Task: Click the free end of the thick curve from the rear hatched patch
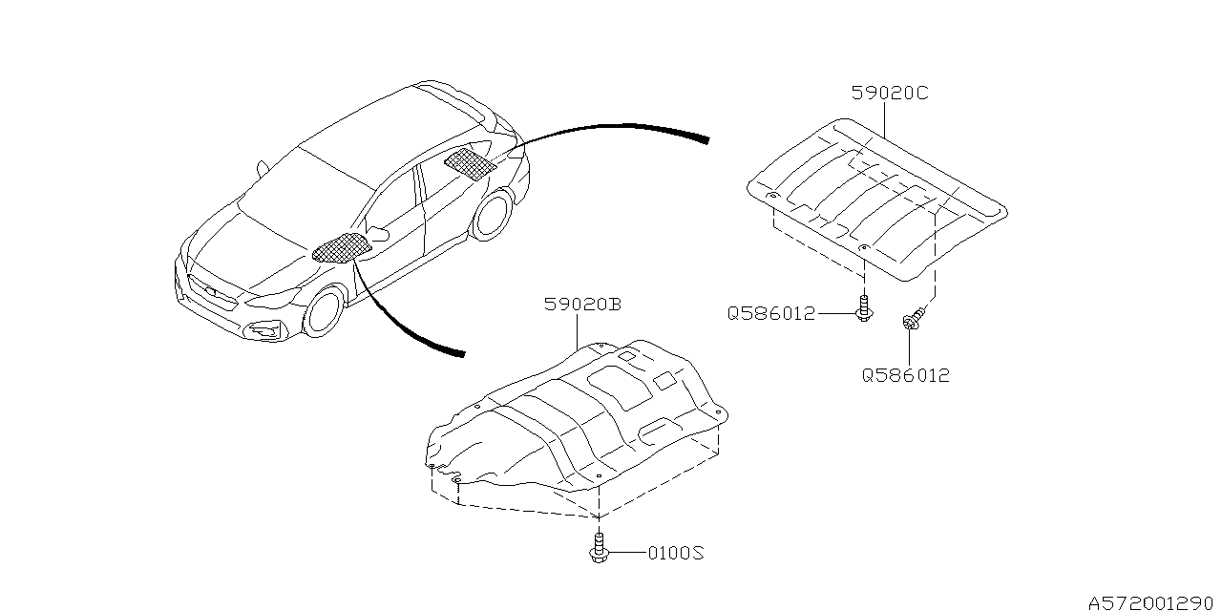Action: point(708,140)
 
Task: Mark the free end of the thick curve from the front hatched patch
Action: point(464,354)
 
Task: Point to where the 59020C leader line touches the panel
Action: point(884,137)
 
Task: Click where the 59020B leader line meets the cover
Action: point(578,349)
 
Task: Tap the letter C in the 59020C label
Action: point(919,94)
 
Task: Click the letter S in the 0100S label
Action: point(697,553)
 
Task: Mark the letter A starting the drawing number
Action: point(1097,602)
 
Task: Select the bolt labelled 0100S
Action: point(599,549)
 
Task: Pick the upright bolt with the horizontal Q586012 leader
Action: point(864,308)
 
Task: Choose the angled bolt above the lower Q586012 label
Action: point(914,319)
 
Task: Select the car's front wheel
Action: point(323,312)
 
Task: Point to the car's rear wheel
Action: point(492,214)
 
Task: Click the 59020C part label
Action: point(890,94)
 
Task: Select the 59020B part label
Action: point(582,304)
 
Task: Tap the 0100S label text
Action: point(676,553)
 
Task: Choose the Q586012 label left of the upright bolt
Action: point(771,314)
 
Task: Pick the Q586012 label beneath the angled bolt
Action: point(906,375)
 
